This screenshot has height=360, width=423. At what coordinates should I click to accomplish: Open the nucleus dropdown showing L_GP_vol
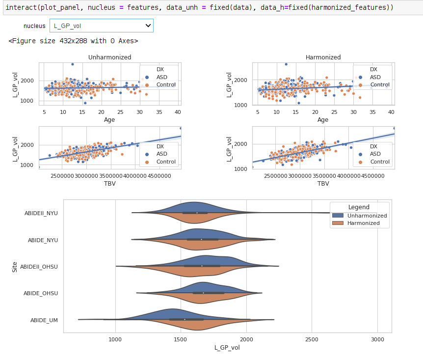point(101,26)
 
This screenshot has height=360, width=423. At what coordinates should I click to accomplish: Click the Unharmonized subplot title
point(109,57)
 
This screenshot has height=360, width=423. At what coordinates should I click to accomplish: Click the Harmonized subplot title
point(323,57)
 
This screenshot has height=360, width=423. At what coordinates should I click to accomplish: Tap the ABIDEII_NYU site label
point(41,213)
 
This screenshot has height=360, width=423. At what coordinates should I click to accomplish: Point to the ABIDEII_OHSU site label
point(39,267)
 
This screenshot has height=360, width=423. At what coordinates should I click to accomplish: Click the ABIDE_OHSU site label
point(41,293)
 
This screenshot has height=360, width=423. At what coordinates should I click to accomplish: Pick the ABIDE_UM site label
point(44,320)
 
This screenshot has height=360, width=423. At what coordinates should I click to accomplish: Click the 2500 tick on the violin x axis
point(312,339)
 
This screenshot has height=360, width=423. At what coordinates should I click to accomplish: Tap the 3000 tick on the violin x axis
point(377,339)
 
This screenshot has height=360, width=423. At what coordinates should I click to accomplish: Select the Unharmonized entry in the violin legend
point(367,216)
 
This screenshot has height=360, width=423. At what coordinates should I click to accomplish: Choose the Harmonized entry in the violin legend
point(364,223)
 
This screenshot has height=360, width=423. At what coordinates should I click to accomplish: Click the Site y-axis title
point(15,267)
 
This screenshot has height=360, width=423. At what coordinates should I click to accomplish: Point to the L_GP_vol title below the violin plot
point(227,348)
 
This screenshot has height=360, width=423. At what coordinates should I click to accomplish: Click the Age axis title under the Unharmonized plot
point(109,119)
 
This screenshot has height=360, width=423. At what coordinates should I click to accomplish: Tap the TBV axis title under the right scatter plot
point(323,183)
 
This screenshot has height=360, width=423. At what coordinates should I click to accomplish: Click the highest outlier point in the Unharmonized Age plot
point(73,64)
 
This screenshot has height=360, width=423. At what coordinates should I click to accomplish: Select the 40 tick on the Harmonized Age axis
point(391,112)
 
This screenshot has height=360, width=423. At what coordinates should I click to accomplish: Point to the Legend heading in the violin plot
point(359,207)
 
